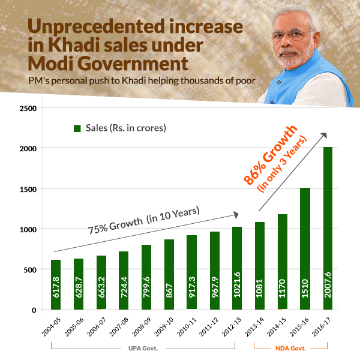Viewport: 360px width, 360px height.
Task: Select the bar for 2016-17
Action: pyautogui.click(x=328, y=228)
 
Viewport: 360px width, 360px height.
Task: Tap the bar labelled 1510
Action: pyautogui.click(x=305, y=248)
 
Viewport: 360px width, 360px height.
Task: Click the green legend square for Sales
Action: pyautogui.click(x=77, y=128)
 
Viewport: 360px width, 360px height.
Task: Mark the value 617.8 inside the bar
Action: pyautogui.click(x=56, y=289)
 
